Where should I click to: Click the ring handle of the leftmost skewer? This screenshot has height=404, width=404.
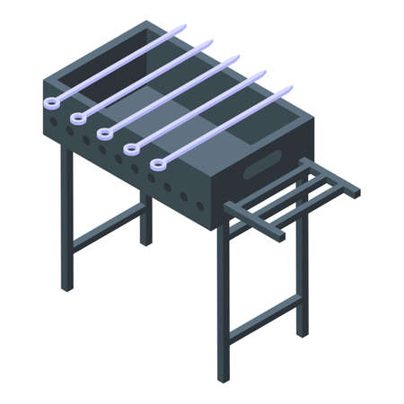click(49, 102)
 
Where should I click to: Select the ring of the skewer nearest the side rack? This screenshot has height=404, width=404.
click(158, 164)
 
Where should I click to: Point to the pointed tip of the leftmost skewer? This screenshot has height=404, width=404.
click(186, 26)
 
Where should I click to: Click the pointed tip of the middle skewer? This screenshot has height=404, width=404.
click(239, 57)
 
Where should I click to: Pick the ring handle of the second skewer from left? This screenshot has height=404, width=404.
click(76, 118)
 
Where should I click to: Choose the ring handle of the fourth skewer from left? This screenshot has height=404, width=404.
click(131, 149)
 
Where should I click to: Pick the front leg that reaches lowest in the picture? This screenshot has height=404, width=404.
click(222, 305)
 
